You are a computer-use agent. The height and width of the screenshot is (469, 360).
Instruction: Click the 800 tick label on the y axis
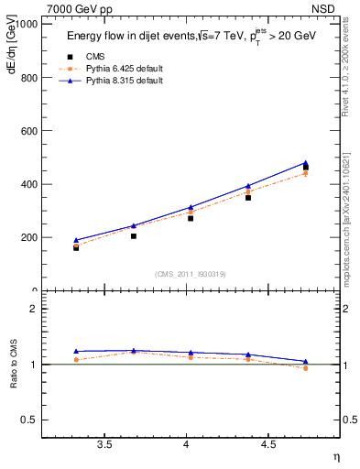[x=27, y=78]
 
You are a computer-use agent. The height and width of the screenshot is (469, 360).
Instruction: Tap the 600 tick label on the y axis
[x=27, y=131]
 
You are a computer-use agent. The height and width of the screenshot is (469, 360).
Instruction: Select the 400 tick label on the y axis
[x=27, y=184]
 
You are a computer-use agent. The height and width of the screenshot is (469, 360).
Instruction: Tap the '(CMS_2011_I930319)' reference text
[x=190, y=274]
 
